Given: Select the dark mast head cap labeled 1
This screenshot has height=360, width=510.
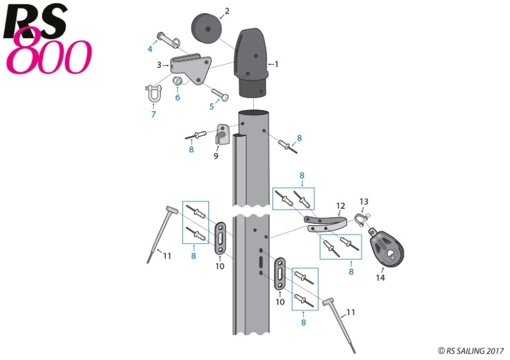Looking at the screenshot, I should click(253, 62).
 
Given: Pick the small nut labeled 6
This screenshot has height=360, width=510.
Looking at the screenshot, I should click(178, 82).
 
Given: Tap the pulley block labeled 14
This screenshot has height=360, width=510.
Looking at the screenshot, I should click(386, 246).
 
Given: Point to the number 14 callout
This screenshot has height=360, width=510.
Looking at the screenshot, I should click(380, 278).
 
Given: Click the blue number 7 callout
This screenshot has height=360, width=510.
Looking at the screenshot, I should click(153, 114).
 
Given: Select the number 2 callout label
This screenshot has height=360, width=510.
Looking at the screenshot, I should click(226, 11).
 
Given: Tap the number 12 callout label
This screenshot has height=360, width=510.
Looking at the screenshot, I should click(340, 206).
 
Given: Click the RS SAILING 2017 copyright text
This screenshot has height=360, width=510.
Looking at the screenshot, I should click(470, 351).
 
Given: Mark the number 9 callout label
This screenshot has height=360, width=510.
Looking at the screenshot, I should click(216, 156).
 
